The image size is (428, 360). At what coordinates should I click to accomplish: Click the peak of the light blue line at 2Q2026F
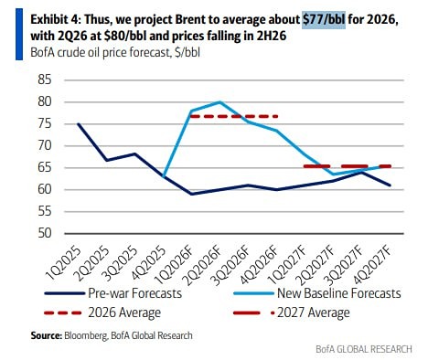click(219, 101)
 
